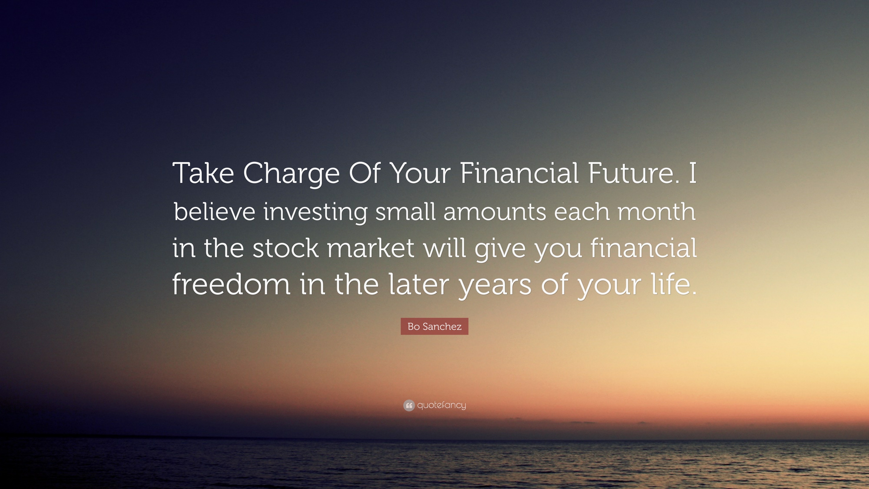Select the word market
tap(371, 248)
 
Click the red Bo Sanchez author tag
tap(434, 326)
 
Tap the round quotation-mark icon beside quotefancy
tap(409, 405)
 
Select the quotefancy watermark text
tap(442, 405)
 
